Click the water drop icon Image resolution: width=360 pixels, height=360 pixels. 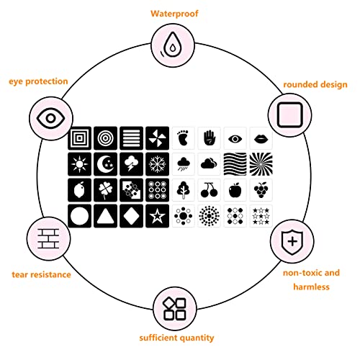pyautogui.click(x=171, y=45)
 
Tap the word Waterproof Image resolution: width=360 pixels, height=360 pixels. pyautogui.click(x=174, y=14)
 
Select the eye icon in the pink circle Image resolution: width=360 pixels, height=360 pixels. pyautogui.click(x=50, y=118)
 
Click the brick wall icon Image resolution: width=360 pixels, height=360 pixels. pyautogui.click(x=48, y=239)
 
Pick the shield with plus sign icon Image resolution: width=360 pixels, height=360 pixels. pyautogui.click(x=292, y=241)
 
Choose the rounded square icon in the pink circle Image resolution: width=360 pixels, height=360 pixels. pyautogui.click(x=289, y=115)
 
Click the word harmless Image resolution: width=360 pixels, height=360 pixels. pyautogui.click(x=311, y=287)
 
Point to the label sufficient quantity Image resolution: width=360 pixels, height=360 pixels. pyautogui.click(x=176, y=338)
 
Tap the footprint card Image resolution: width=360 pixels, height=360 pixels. pyautogui.click(x=183, y=138)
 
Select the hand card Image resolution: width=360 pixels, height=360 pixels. pyautogui.click(x=209, y=138)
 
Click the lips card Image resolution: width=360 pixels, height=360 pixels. pyautogui.click(x=261, y=138)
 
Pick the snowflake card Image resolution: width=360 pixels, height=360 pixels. pyautogui.click(x=157, y=164)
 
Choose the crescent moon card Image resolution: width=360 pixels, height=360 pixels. pyautogui.click(x=105, y=164)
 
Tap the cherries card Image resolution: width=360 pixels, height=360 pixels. pyautogui.click(x=209, y=190)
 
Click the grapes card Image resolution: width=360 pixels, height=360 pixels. pyautogui.click(x=261, y=190)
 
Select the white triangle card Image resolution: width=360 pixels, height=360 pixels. pyautogui.click(x=105, y=216)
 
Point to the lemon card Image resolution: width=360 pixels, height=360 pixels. pyautogui.click(x=79, y=190)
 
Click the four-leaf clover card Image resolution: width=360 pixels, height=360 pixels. pyautogui.click(x=105, y=190)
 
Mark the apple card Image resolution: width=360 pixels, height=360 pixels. pyautogui.click(x=235, y=190)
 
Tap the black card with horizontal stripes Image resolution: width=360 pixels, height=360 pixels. pyautogui.click(x=131, y=138)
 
